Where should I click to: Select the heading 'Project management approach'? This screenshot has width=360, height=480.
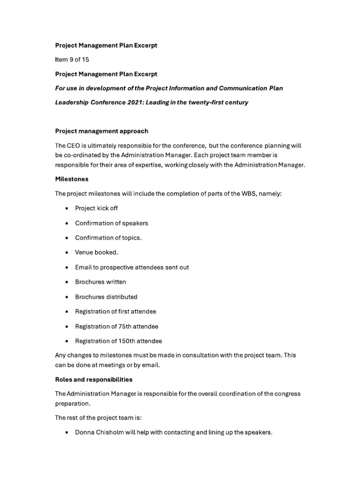[101, 131]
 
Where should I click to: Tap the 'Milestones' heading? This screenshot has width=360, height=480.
[72, 179]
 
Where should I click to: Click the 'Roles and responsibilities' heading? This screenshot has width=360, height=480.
[94, 379]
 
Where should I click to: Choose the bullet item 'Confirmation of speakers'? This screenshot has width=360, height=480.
[112, 223]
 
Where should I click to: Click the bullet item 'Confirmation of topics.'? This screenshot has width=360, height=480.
[108, 238]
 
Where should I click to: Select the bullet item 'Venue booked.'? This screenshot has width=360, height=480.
[97, 252]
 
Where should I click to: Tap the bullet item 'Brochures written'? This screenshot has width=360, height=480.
[100, 282]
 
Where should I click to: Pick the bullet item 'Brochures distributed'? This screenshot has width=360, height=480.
[106, 297]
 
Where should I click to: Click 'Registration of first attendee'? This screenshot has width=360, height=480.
[115, 311]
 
